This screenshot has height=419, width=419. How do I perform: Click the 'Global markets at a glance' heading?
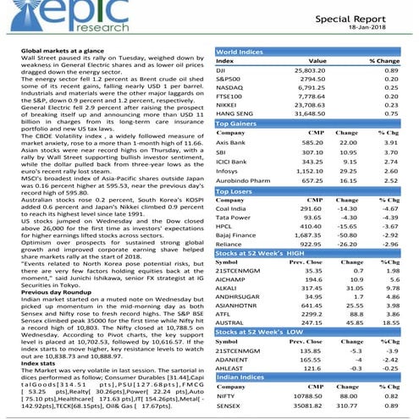(58, 52)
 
